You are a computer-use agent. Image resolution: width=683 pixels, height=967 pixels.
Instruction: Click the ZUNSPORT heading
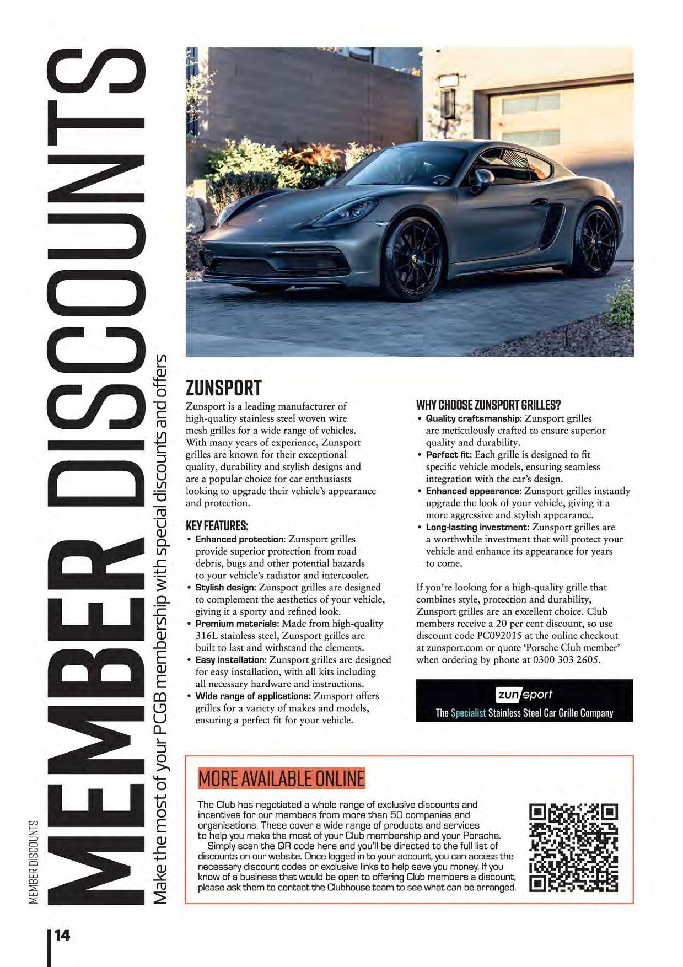(x=223, y=388)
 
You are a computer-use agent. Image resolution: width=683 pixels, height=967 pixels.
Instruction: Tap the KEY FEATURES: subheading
(x=217, y=525)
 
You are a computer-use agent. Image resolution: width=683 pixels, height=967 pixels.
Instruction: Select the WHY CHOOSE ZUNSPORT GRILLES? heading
(x=488, y=405)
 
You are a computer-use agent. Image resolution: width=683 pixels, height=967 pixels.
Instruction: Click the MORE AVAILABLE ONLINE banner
(x=281, y=778)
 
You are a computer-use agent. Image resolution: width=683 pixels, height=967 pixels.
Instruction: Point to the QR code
(x=573, y=848)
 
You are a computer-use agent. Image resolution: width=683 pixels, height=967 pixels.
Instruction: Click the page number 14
(x=62, y=935)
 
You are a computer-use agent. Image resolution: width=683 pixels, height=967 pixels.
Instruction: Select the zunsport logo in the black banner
(x=524, y=695)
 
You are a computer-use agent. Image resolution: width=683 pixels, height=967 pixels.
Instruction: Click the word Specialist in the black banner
(x=468, y=713)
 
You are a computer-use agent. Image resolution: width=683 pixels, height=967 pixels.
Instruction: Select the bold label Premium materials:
(x=237, y=624)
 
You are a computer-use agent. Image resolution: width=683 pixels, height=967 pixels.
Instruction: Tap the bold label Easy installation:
(x=231, y=660)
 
